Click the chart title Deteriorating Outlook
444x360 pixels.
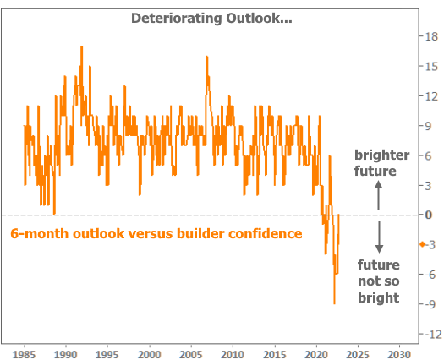click(211, 19)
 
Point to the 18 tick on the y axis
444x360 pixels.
click(431, 36)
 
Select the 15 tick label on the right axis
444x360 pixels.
click(431, 67)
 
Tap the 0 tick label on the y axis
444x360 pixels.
click(429, 215)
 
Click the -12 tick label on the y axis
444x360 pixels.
click(433, 335)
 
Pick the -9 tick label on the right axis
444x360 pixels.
click(430, 304)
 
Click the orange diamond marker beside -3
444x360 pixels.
click(422, 244)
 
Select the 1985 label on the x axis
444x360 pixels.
click(24, 354)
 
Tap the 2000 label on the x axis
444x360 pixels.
click(149, 354)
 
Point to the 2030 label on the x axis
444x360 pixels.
click(399, 354)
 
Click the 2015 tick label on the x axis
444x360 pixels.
click(274, 354)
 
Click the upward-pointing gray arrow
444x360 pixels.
click(378, 195)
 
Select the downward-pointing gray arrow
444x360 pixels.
click(379, 237)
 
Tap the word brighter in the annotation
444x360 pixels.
click(382, 155)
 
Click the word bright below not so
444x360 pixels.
click(379, 297)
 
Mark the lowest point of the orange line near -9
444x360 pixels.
click(334, 303)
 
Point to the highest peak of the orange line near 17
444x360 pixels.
click(81, 46)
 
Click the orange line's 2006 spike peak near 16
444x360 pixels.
click(206, 57)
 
